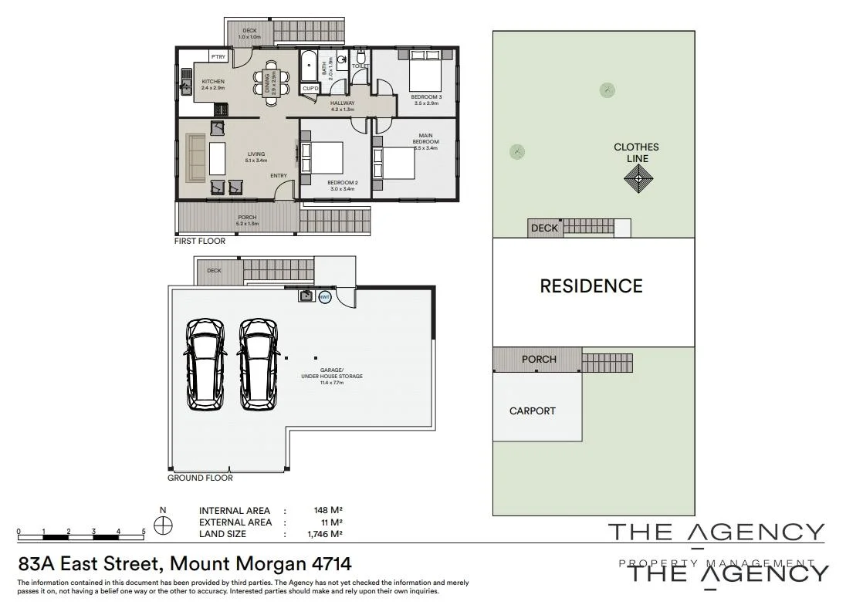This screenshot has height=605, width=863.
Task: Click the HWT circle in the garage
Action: coord(324,297)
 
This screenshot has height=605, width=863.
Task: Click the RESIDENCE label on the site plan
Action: coord(591,286)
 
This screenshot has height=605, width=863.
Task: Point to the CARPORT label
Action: coord(533,411)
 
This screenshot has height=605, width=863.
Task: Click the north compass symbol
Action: coord(162,526)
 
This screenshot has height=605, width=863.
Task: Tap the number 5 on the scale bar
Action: coord(144,532)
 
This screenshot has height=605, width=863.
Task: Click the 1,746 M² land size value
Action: coord(325,534)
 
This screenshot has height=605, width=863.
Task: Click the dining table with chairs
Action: coord(269,78)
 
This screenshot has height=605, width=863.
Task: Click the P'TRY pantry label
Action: coord(218,57)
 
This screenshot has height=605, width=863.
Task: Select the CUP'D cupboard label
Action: coord(310,89)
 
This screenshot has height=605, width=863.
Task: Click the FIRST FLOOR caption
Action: coord(200,241)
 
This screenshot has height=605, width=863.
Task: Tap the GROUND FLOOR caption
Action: coord(200,478)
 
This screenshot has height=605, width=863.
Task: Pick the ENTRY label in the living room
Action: coord(279,176)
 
